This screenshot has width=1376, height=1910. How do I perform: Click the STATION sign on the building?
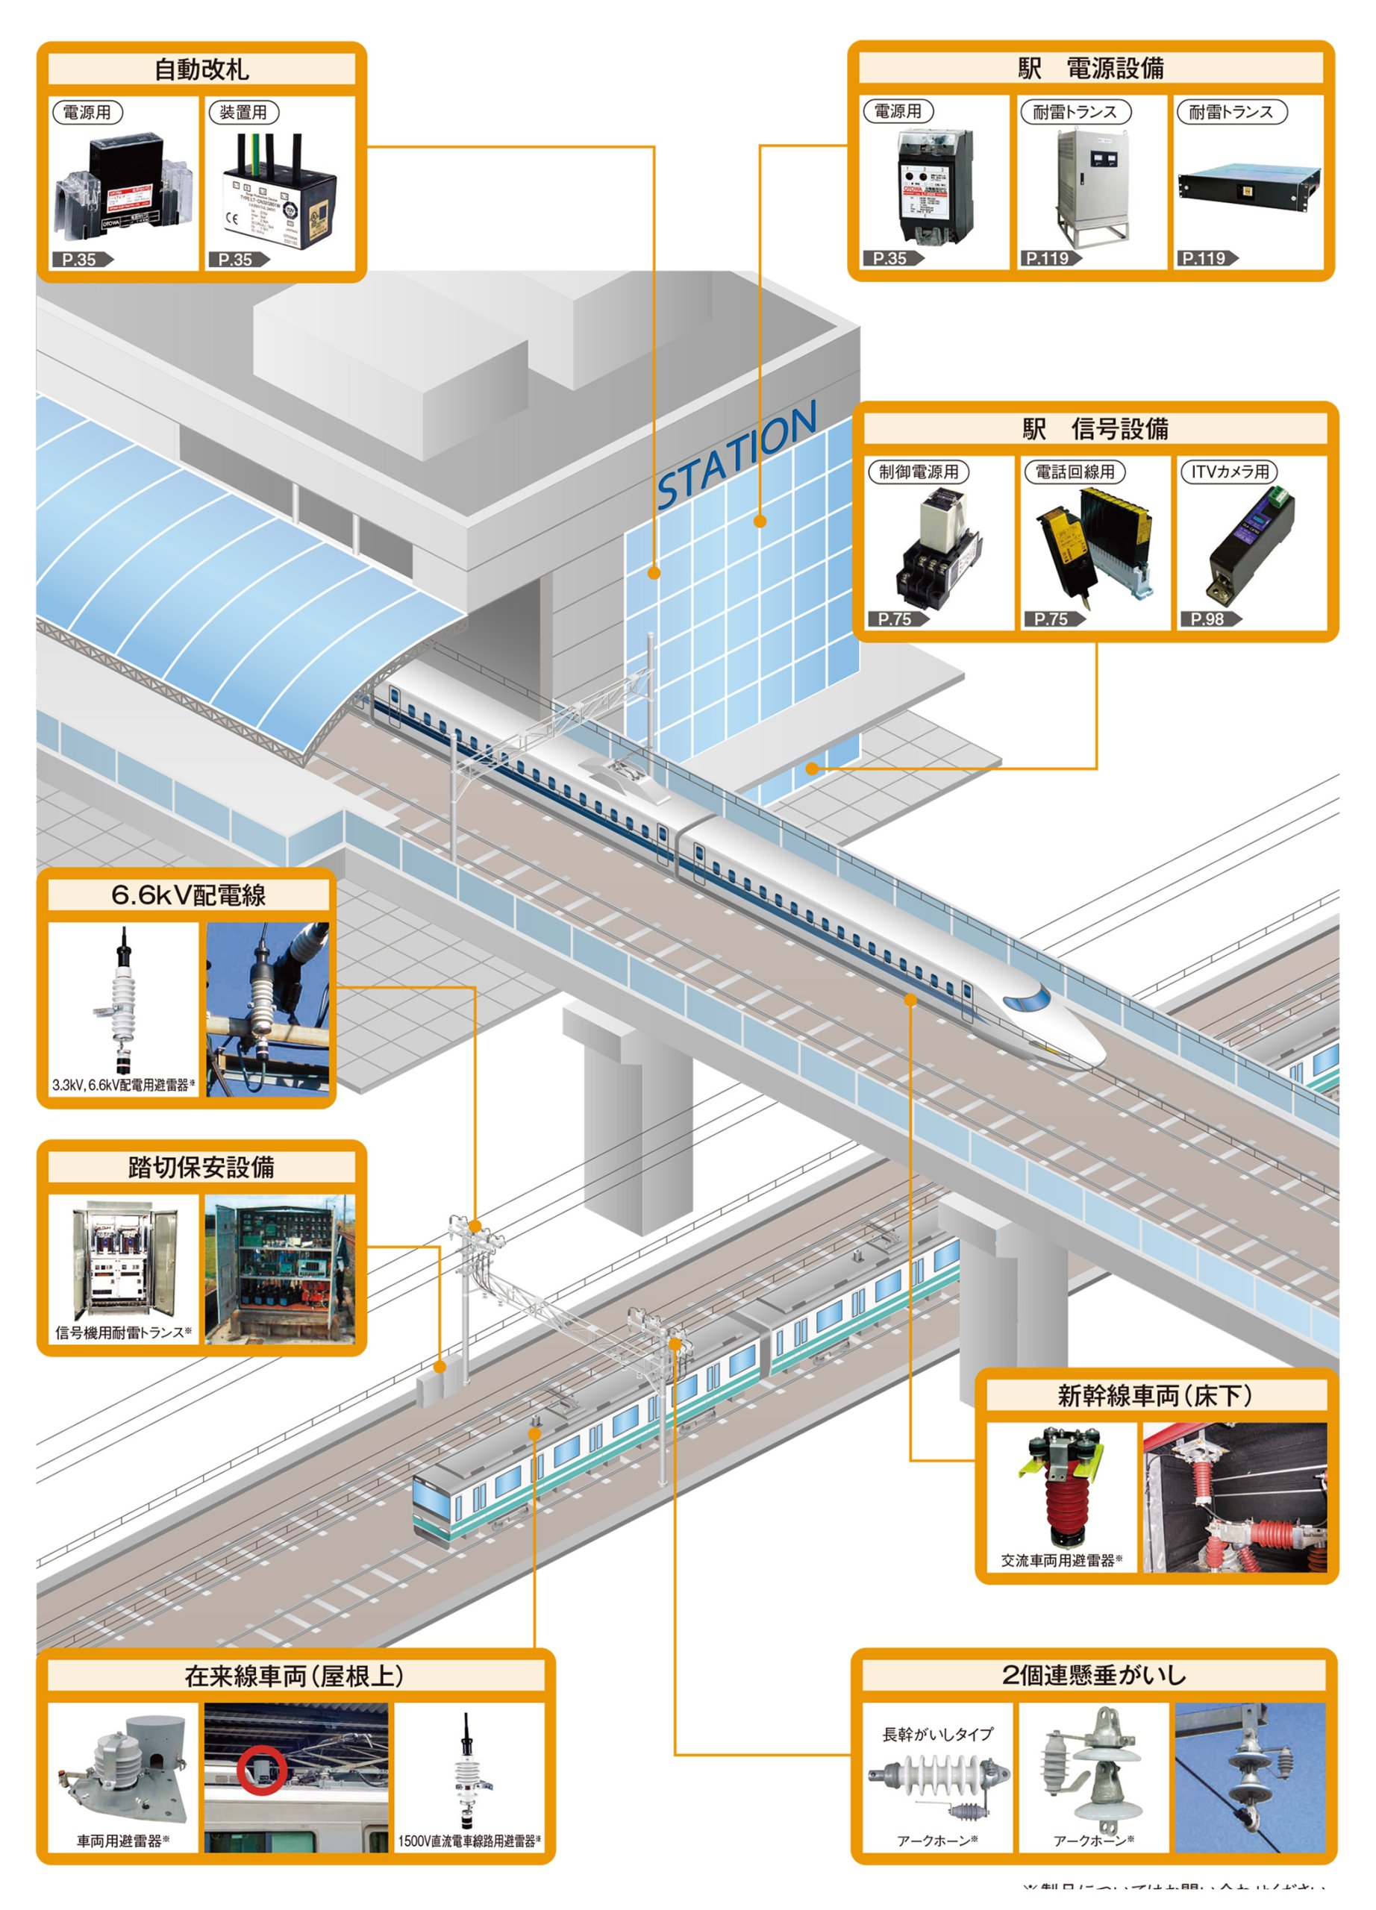pos(736,457)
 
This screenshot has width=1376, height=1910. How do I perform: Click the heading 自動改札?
pos(201,70)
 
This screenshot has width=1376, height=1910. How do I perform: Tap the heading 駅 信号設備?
pos(1095,430)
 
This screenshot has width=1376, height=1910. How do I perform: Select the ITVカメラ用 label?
pos(1229,472)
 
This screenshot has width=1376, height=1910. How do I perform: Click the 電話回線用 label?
pos(1074,472)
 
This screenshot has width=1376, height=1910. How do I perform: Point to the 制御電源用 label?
pos(918,472)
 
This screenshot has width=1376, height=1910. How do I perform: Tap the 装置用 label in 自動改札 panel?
pos(243,113)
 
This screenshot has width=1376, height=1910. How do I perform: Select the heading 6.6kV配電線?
pos(188,895)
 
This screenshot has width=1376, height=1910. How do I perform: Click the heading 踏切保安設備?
pos(201,1167)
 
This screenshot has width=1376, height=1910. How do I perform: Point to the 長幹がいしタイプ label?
pos(937,1734)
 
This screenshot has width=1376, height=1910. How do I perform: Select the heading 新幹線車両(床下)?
pos(1154,1396)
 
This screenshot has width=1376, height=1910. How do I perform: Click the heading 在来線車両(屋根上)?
pos(294,1676)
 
